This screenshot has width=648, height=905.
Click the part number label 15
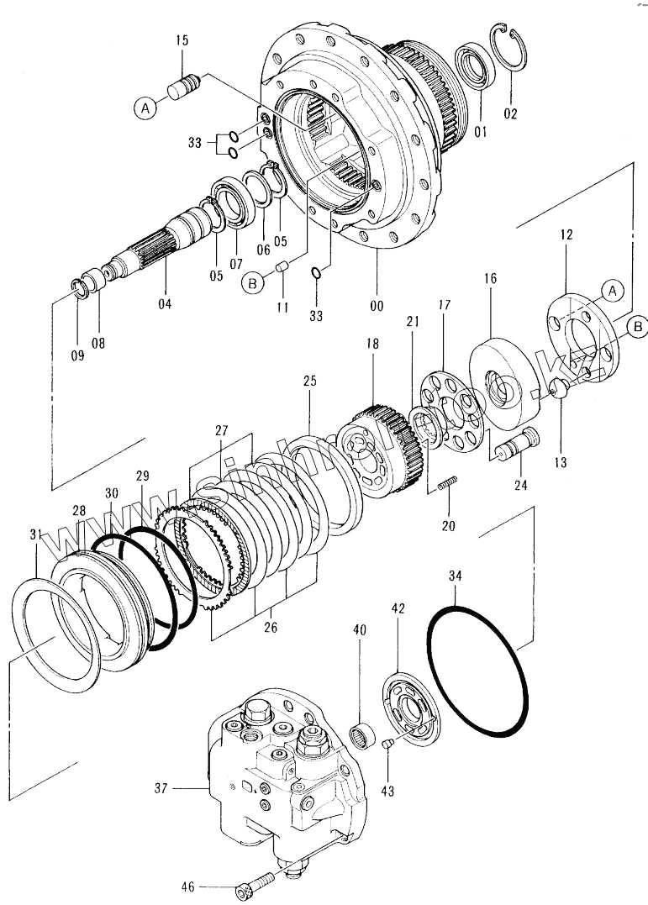tap(182, 40)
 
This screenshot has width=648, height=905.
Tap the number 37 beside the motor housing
tap(161, 788)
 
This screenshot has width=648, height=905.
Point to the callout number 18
tap(371, 345)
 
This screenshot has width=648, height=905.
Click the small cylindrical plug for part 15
tap(183, 86)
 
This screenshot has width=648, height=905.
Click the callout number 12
tap(566, 236)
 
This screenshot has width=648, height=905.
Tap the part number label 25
tap(310, 381)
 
